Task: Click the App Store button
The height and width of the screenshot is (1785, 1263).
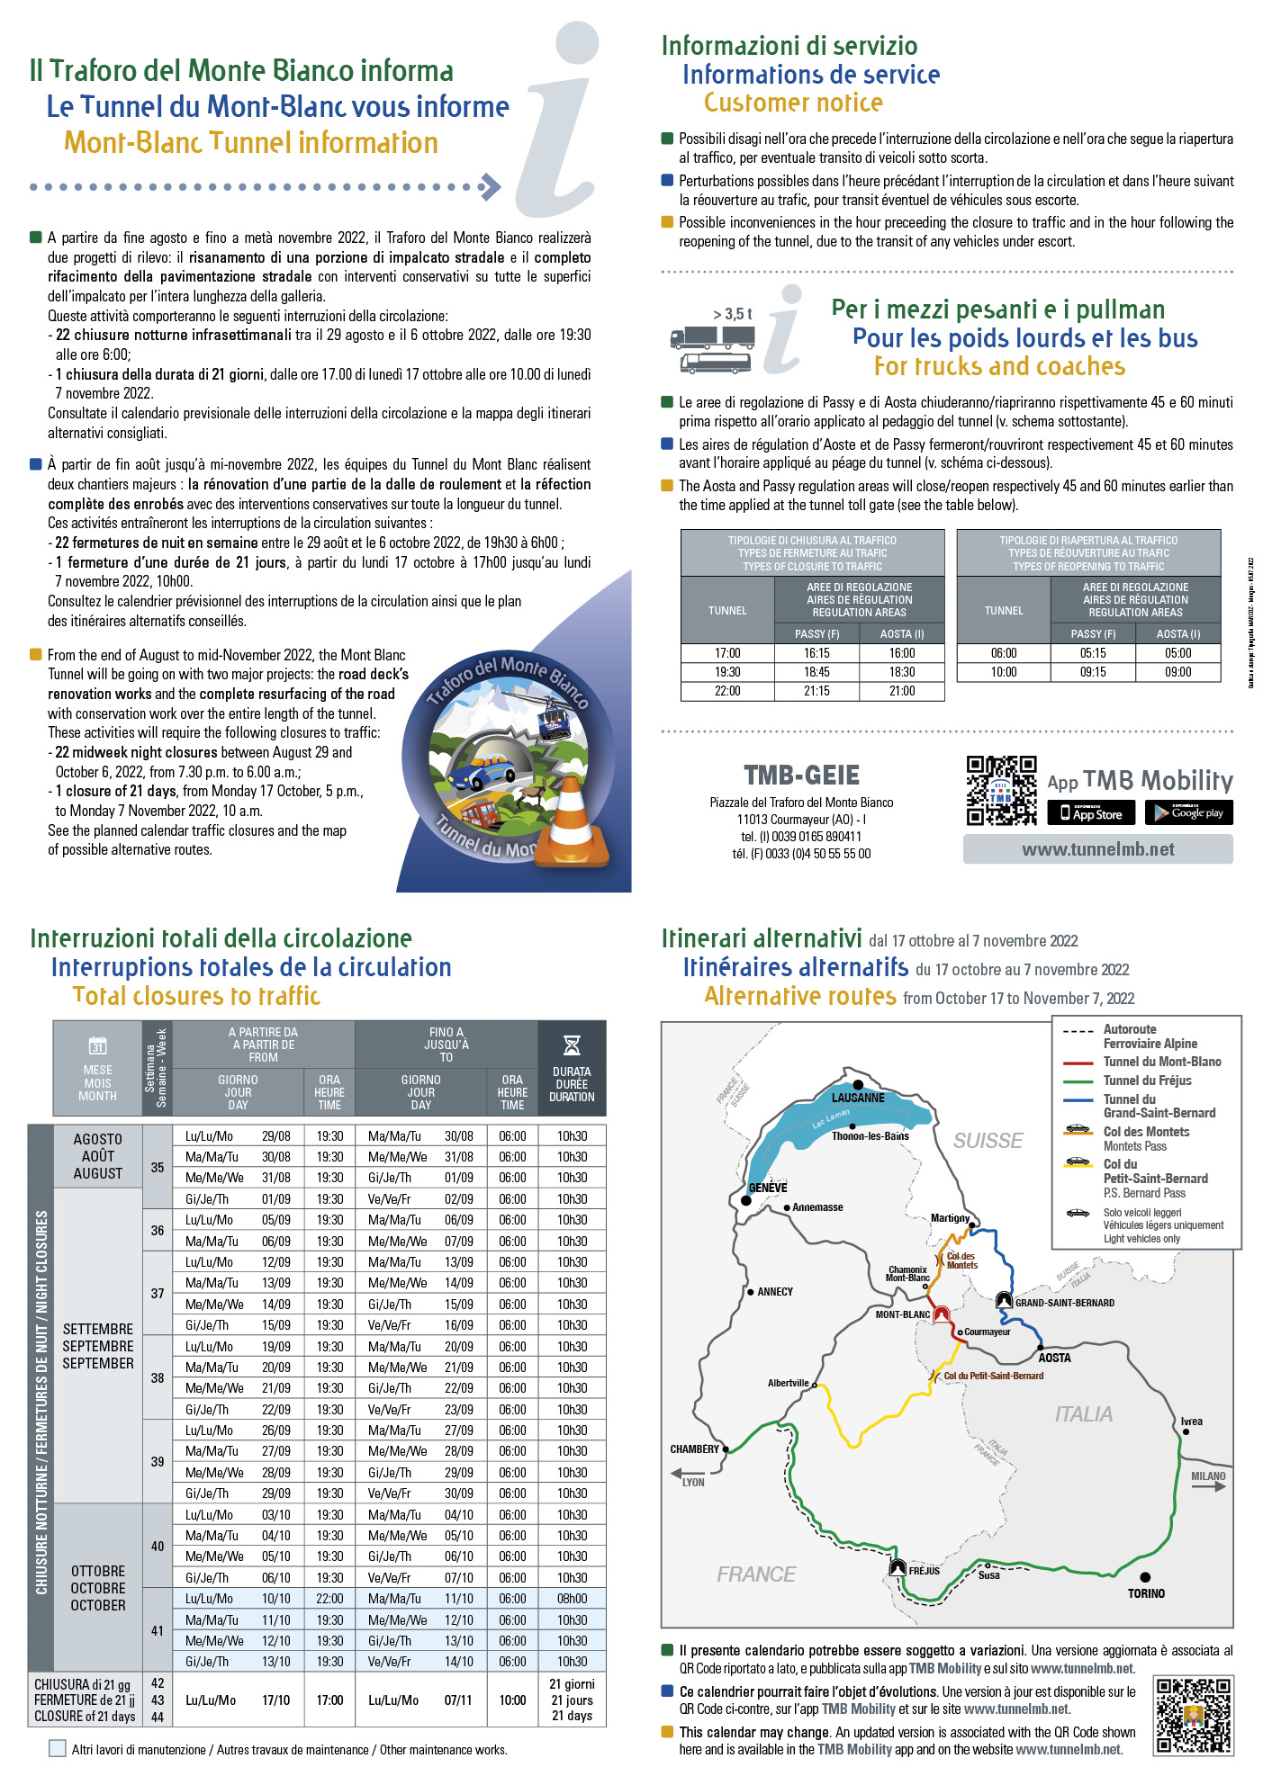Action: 1092,813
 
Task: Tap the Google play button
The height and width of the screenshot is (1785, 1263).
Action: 1188,813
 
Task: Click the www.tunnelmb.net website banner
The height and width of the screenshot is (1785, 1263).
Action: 1097,849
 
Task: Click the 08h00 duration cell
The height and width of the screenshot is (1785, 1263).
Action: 572,1599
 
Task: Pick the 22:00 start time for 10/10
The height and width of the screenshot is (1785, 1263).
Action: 329,1599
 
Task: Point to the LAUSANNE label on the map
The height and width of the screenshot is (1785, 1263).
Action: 858,1098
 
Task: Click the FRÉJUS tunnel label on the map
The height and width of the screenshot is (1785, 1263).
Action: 924,1571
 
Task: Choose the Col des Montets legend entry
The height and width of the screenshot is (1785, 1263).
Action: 1146,1132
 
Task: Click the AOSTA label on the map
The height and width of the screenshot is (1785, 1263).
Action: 1054,1358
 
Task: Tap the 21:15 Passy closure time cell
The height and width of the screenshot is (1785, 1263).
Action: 816,691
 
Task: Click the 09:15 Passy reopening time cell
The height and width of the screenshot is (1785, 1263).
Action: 1093,672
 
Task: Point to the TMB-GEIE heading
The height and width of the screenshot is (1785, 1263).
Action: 801,776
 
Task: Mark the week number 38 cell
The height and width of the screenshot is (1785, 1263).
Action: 158,1377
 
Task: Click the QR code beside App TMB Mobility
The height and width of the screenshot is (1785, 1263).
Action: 1001,791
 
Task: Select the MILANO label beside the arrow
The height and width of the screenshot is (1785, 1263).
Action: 1207,1476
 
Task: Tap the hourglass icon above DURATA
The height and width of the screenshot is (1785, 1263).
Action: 571,1045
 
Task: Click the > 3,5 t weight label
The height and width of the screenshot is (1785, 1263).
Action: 732,314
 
